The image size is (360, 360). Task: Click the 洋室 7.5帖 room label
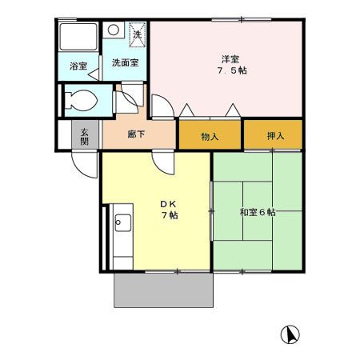229,64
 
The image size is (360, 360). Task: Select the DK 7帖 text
169,210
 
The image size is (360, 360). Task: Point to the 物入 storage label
210,136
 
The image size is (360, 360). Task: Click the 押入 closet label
274,136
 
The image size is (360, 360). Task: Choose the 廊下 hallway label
136,134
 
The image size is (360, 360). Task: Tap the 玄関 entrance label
84,136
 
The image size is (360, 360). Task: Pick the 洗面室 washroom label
124,62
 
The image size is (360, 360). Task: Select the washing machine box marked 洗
137,34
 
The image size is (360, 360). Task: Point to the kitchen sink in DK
122,222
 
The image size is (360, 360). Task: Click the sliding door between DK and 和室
211,212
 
